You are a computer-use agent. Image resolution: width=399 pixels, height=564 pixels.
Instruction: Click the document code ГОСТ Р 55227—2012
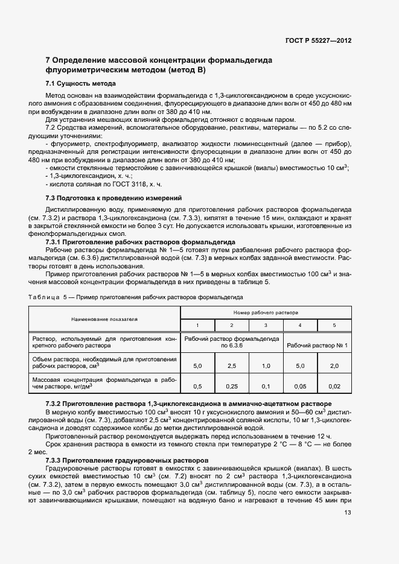point(318,40)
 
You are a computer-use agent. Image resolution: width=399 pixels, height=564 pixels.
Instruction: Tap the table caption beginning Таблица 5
point(136,297)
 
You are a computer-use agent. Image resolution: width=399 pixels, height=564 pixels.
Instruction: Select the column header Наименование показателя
point(104,318)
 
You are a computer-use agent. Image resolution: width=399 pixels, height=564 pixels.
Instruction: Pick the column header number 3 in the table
point(266,325)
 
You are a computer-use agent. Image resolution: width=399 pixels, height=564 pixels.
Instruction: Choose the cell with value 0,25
point(231,386)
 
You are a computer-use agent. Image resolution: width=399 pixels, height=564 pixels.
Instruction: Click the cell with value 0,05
point(300,386)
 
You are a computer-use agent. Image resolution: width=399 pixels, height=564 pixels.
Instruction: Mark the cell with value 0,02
point(334,386)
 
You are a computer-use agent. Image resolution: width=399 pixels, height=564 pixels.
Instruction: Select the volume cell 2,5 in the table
point(231,366)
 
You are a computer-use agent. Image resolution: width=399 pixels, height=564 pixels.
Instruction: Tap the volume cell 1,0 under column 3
point(266,366)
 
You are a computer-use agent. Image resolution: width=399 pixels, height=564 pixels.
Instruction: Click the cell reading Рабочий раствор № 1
point(318,346)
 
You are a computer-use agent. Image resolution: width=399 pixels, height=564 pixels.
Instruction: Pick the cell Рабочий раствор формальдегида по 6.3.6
point(232,342)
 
